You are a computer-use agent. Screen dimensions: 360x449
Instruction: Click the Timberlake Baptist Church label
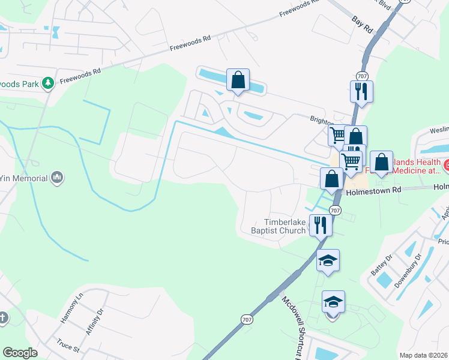[x=278, y=226]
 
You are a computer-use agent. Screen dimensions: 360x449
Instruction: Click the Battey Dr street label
[x=381, y=264]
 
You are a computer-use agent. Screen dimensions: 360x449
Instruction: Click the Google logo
[x=20, y=353]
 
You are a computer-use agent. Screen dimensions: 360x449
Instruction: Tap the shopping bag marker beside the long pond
[x=238, y=80]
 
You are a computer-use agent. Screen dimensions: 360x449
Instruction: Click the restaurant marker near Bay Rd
[x=361, y=91]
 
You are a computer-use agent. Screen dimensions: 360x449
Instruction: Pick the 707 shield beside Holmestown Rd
[x=335, y=210]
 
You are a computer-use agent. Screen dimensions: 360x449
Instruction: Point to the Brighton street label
[x=322, y=119]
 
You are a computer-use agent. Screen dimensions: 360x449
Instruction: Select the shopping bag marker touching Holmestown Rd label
[x=331, y=178]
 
